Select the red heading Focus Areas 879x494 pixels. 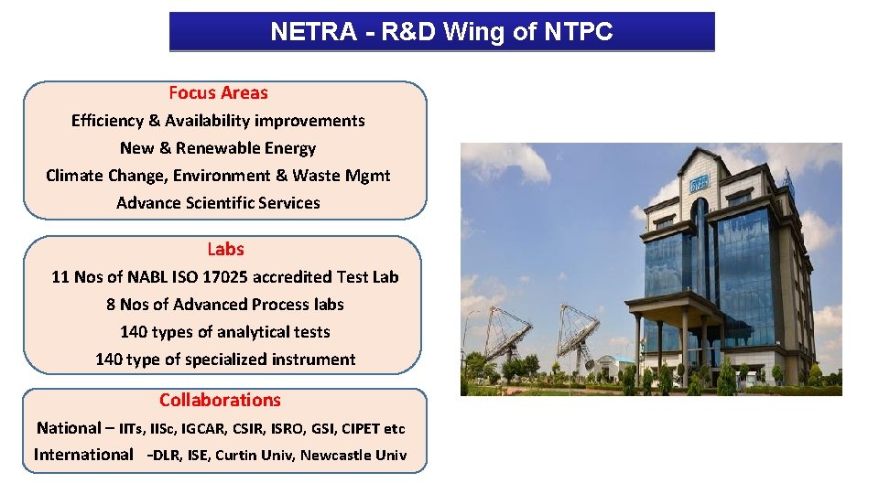[218, 92]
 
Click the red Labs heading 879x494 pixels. [225, 249]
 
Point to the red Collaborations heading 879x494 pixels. [220, 400]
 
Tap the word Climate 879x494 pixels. [73, 176]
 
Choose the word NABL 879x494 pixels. [147, 276]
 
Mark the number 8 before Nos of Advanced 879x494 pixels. [111, 304]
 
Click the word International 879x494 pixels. [83, 455]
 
